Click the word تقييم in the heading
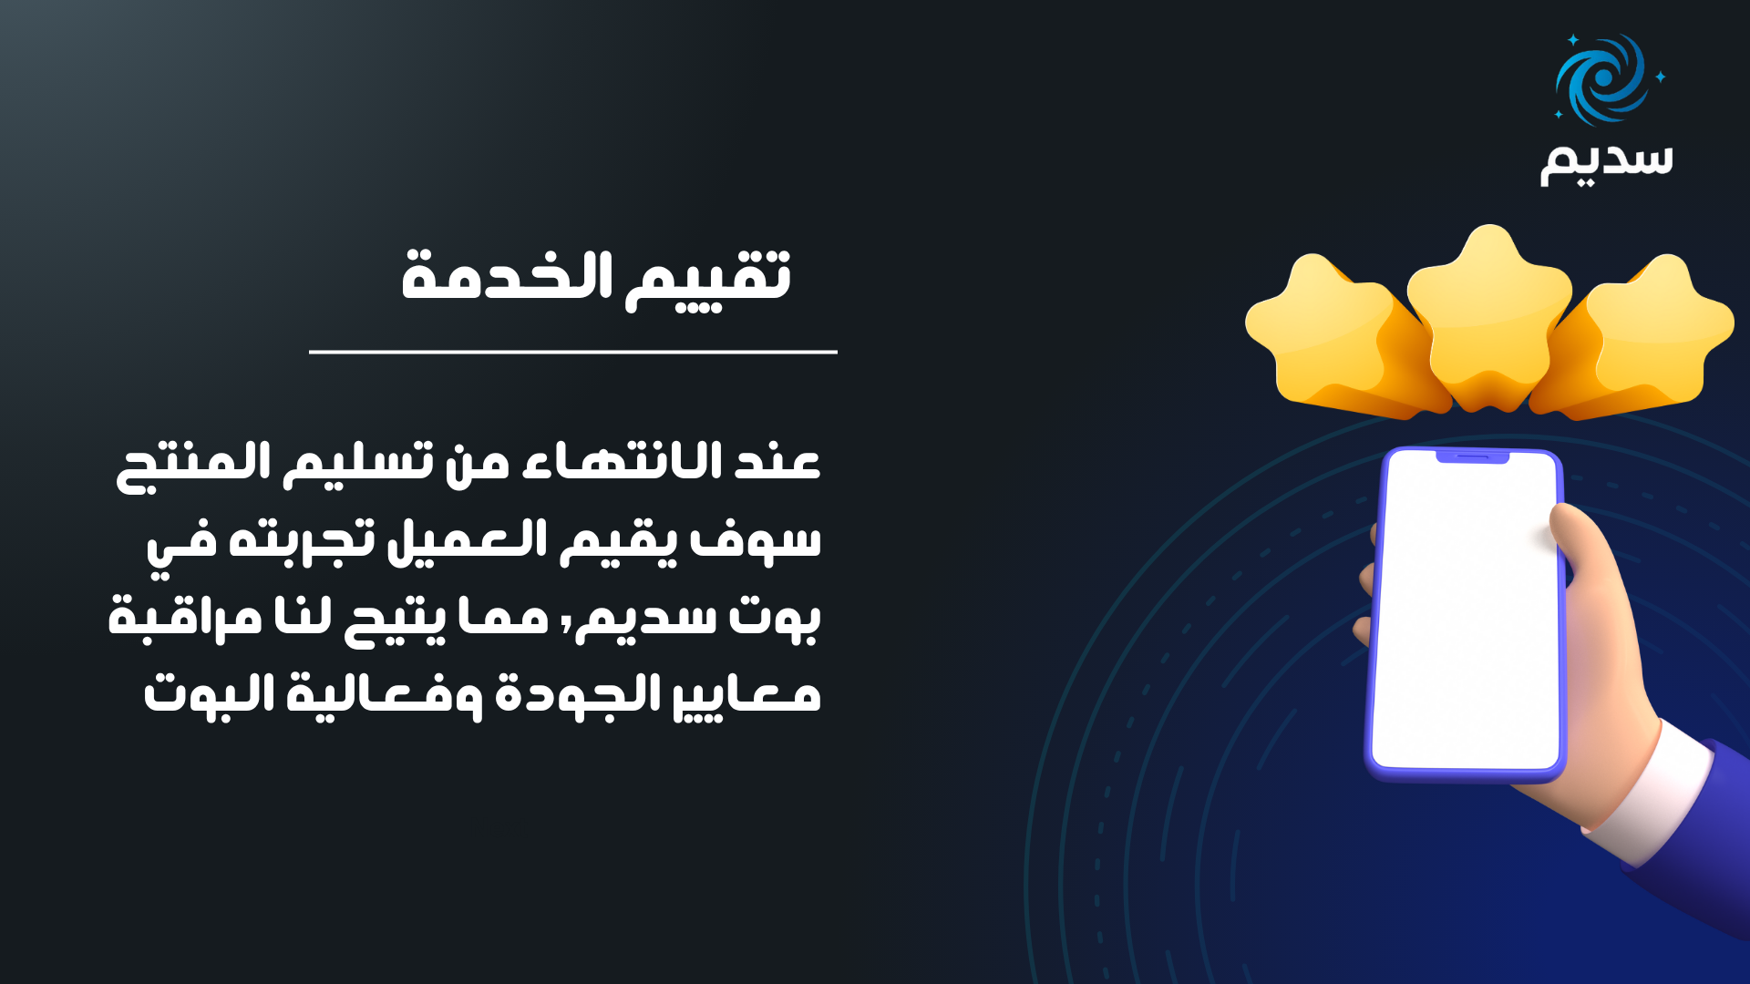tap(708, 278)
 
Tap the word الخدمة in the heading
tap(507, 274)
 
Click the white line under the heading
tap(572, 352)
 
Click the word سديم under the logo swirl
tap(1607, 161)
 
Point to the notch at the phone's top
tap(1473, 456)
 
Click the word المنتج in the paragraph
tap(193, 466)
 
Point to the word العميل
tap(468, 541)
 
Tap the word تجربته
tap(302, 539)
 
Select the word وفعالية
tap(385, 696)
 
